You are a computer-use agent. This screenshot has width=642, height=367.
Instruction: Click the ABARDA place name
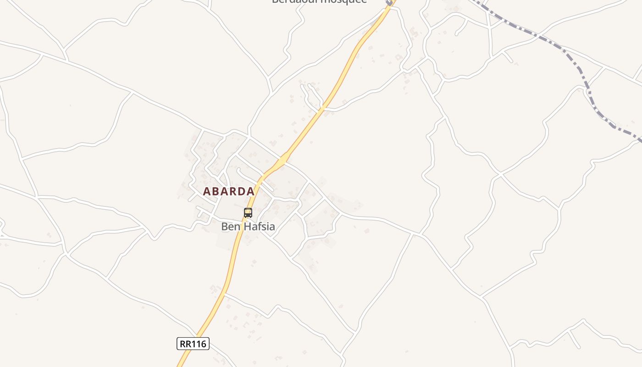pos(228,191)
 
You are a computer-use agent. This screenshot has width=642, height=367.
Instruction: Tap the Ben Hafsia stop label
pos(248,226)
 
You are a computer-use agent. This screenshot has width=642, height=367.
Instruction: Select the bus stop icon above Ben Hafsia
pos(248,212)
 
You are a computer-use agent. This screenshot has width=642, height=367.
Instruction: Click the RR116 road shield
pos(193,344)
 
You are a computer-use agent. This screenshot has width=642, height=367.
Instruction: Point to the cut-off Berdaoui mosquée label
pos(320,1)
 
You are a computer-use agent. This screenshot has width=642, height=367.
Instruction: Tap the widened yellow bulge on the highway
pos(282,160)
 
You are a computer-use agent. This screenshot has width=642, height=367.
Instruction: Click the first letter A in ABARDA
pos(207,191)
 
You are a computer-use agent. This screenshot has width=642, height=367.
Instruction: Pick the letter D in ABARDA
pos(241,191)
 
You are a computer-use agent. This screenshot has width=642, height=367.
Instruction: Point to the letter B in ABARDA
pos(215,191)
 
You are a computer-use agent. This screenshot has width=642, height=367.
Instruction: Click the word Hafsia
pos(260,226)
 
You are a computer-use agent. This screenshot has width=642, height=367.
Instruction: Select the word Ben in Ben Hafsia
pos(230,226)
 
